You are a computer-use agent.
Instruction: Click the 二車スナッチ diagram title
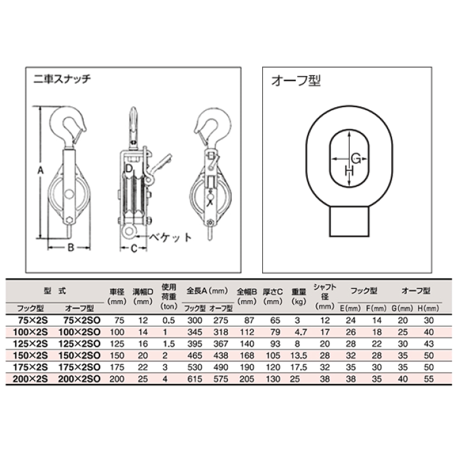pos(62,79)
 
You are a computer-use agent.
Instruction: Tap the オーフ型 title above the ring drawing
pos(296,80)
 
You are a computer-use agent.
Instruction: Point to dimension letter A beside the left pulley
pos(41,170)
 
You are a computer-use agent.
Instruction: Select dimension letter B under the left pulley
pos(71,248)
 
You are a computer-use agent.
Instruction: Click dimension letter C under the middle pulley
pos(134,248)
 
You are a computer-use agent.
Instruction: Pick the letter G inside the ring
pos(356,159)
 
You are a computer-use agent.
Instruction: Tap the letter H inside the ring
pos(349,171)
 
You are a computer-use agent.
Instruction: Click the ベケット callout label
pos(170,237)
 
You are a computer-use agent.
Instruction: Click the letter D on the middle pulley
pos(129,168)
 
